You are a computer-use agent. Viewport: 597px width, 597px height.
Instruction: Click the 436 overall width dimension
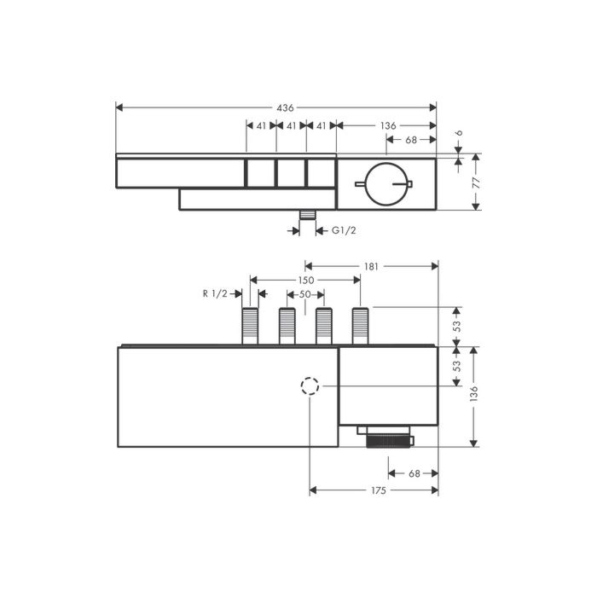(286, 108)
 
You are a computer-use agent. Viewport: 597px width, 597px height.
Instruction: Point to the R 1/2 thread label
(215, 294)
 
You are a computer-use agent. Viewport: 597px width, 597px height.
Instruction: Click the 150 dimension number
(305, 280)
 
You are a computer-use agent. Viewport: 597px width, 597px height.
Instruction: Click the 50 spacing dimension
(304, 294)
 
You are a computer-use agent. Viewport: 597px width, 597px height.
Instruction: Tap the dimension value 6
(459, 134)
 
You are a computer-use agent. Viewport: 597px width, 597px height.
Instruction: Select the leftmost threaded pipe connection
(250, 326)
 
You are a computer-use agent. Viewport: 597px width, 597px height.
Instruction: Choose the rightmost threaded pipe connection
(360, 326)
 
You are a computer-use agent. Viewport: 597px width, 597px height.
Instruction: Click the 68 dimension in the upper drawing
(410, 140)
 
